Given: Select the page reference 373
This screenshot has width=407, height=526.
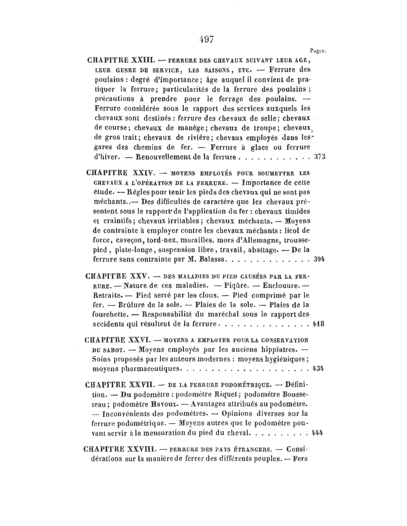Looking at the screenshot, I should tap(320, 156).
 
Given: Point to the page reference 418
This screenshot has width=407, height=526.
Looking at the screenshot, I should tap(318, 324).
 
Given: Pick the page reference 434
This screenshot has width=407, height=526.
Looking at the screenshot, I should tap(318, 368).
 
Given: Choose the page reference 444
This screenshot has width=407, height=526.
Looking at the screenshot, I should tap(318, 432).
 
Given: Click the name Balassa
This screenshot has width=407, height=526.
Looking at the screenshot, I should tap(212, 259).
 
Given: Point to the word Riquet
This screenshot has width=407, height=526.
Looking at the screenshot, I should tap(228, 394).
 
